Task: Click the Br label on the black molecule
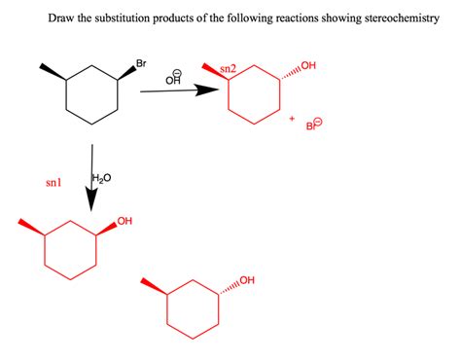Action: pyautogui.click(x=141, y=65)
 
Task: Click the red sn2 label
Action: pyautogui.click(x=229, y=69)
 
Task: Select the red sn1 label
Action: pyautogui.click(x=53, y=182)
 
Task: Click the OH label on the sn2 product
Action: pyautogui.click(x=309, y=66)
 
